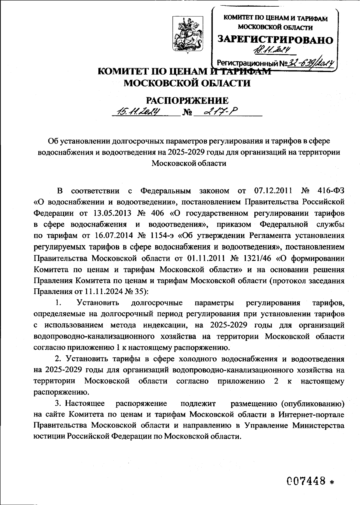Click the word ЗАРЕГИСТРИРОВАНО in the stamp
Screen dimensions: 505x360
[x=275, y=40]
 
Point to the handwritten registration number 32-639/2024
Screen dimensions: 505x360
[x=310, y=62]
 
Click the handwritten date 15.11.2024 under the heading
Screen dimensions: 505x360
[x=139, y=112]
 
